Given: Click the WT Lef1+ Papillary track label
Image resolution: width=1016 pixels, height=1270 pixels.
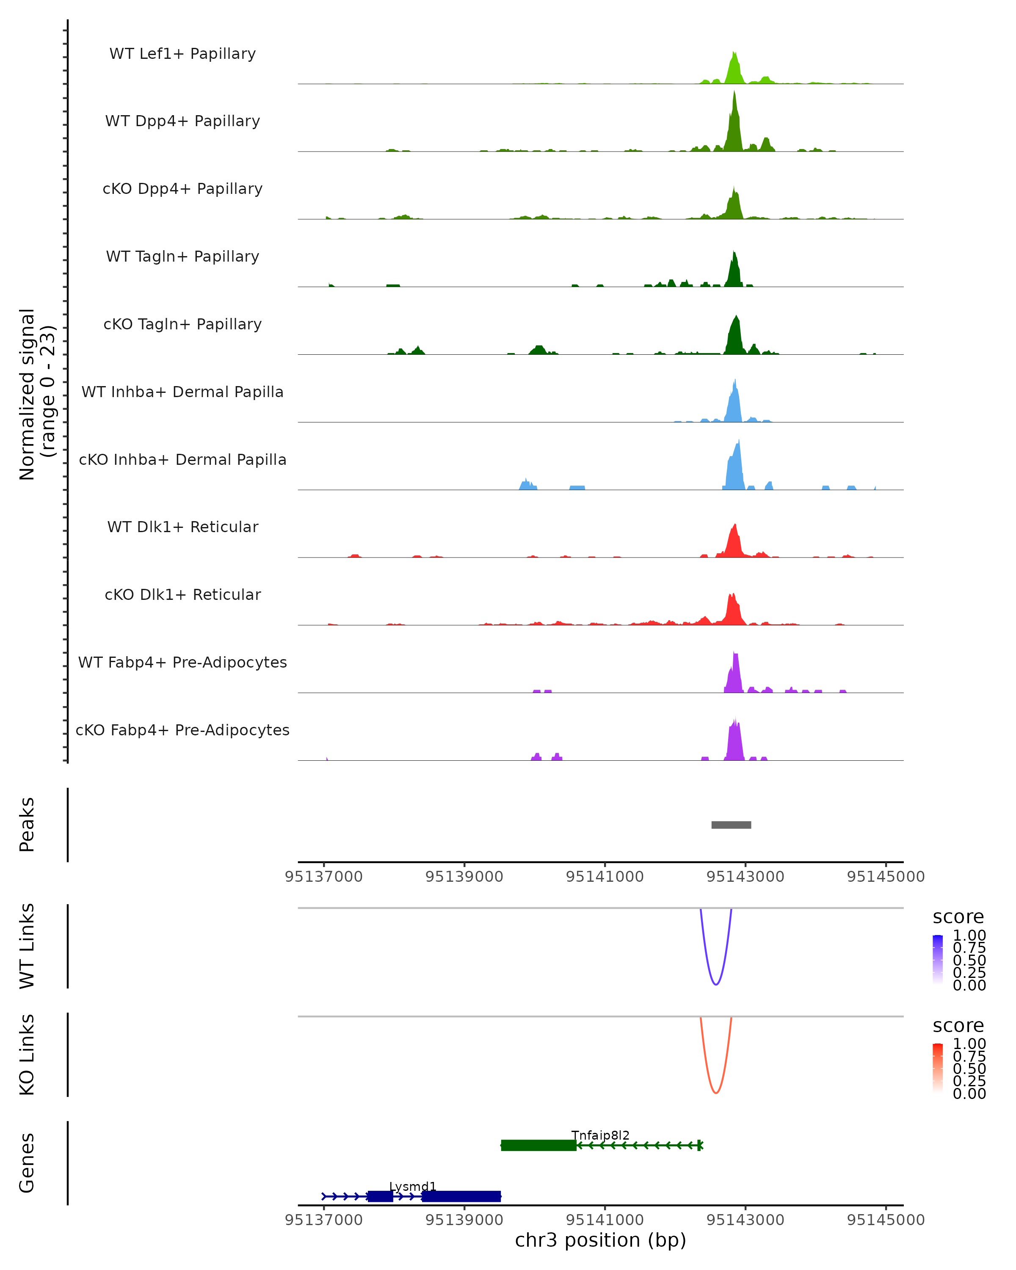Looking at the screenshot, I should click(x=182, y=54).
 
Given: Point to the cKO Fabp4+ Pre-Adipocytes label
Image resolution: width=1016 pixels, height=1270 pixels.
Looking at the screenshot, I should click(x=182, y=730).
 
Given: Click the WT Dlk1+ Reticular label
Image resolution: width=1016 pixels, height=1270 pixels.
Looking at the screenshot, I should click(x=182, y=527).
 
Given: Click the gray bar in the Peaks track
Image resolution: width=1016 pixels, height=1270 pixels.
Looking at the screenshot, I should click(x=731, y=825).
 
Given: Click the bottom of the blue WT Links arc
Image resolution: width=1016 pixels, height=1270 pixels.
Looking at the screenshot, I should click(x=715, y=984).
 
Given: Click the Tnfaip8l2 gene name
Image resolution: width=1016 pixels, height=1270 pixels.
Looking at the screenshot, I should click(x=600, y=1135).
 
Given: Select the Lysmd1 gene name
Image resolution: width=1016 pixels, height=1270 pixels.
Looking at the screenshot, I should click(x=412, y=1186).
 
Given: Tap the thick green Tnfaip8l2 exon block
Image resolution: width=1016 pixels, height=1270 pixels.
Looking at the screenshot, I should click(x=538, y=1145).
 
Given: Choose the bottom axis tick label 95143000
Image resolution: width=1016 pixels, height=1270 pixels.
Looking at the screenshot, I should click(x=745, y=1220).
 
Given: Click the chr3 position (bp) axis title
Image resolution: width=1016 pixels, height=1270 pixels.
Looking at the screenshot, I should click(x=600, y=1240).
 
